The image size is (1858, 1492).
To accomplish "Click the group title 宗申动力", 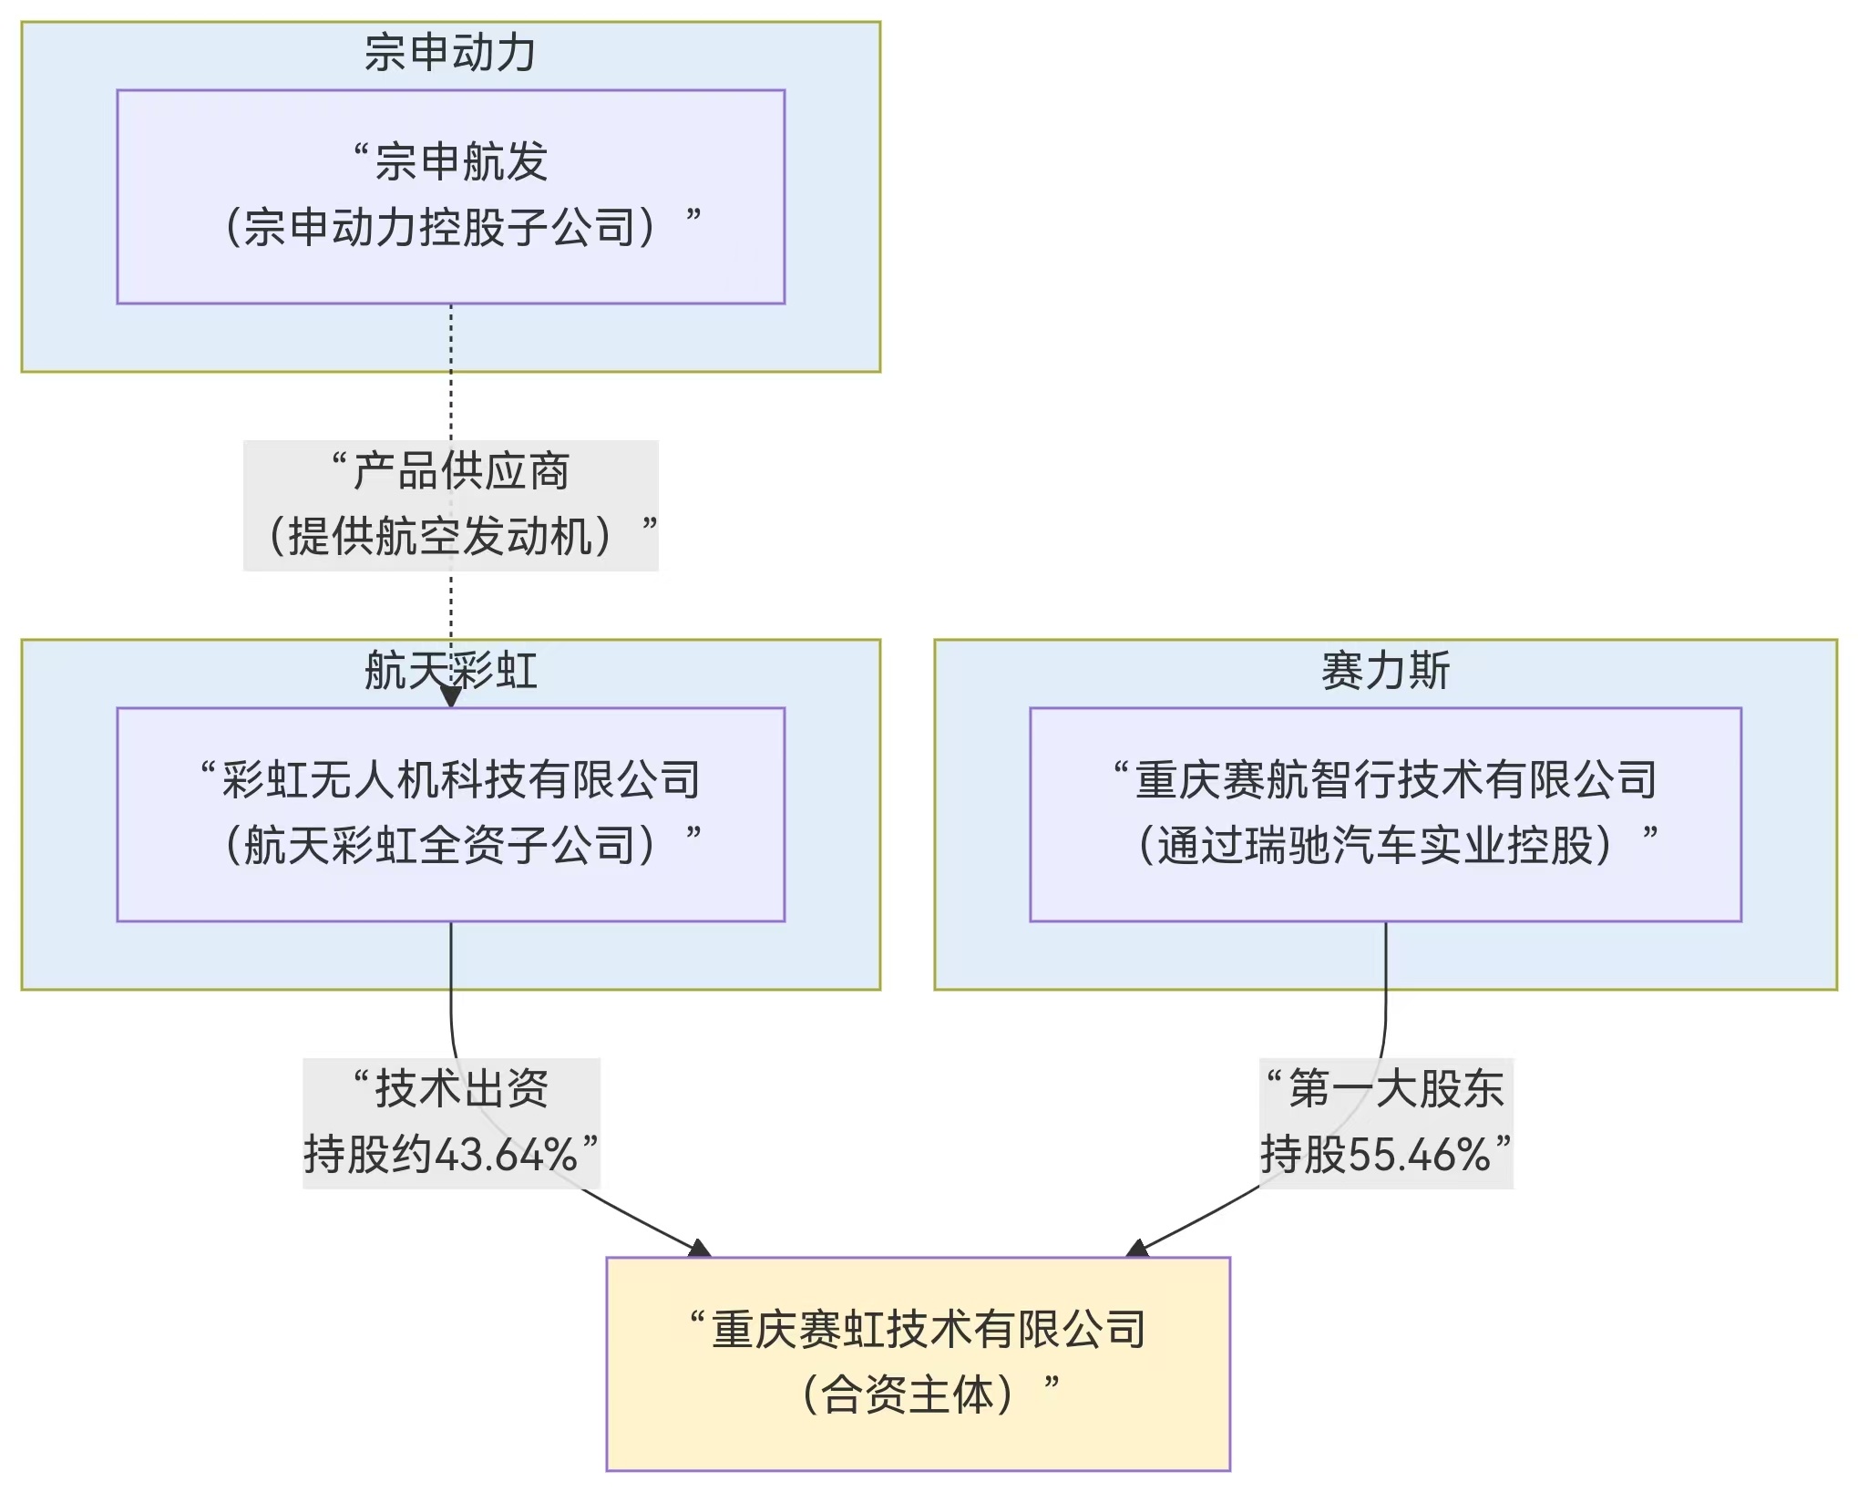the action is point(450,52).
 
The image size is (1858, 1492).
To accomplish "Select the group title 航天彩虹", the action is point(450,671).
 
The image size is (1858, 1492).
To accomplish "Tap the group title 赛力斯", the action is point(1385,671).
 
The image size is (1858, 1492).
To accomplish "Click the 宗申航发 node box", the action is point(450,197).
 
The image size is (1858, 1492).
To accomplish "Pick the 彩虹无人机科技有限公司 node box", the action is point(450,815).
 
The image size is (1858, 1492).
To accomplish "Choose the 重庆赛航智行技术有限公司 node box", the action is point(1385,815).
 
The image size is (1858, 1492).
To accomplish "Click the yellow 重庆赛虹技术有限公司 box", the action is point(919,1364).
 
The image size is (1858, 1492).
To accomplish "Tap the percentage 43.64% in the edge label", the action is point(506,1155).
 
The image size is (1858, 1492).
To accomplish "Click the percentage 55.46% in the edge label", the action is point(1419,1155).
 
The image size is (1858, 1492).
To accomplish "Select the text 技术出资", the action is point(462,1089).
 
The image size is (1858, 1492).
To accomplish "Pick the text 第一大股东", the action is point(1396,1089).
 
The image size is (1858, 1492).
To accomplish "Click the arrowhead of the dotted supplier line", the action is point(450,695).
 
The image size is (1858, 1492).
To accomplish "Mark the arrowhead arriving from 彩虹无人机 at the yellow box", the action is point(700,1249).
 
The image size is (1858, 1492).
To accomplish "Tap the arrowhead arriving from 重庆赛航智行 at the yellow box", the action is point(1137,1249).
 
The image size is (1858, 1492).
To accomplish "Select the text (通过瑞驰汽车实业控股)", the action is point(1375,846).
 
